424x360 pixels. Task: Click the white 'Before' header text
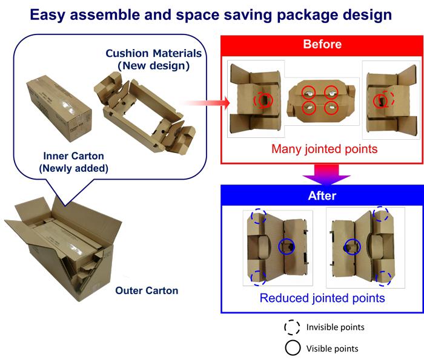tap(322, 44)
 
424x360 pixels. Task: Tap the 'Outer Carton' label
tap(147, 291)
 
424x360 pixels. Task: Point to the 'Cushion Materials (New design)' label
tap(153, 59)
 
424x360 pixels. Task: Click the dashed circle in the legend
tap(293, 327)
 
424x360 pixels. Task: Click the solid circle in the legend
tap(293, 348)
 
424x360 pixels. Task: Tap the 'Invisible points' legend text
tap(336, 327)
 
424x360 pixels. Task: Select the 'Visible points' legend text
tap(332, 348)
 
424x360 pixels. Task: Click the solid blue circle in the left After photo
tap(287, 246)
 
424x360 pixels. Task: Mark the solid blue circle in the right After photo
tap(351, 246)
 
